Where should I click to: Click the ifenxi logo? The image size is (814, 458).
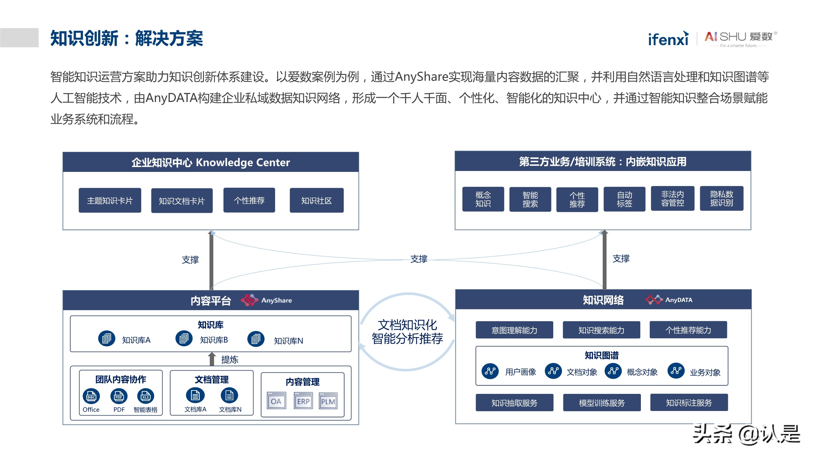pos(668,39)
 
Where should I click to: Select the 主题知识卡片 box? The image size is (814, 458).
pos(110,201)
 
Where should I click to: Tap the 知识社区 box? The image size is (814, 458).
pos(316,201)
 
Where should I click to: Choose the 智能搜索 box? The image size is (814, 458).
pos(530,199)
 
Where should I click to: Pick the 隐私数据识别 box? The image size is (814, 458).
pos(721,198)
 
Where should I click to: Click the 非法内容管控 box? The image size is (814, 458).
pos(672,198)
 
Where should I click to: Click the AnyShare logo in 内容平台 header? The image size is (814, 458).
pos(266,300)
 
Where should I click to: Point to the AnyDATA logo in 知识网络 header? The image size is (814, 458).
pos(669,300)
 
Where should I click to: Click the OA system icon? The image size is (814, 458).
pos(276,401)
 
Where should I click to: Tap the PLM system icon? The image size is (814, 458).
pos(328,401)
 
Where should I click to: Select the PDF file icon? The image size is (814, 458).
pos(118,396)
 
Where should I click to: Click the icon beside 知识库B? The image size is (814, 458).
pos(184,339)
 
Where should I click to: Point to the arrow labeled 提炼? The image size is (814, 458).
pos(212,359)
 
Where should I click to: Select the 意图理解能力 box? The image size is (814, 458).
pos(514,330)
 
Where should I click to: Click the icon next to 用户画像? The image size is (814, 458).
pos(490,371)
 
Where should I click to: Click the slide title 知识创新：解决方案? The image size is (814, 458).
pos(126,38)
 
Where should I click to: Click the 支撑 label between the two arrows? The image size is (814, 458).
pos(418,259)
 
